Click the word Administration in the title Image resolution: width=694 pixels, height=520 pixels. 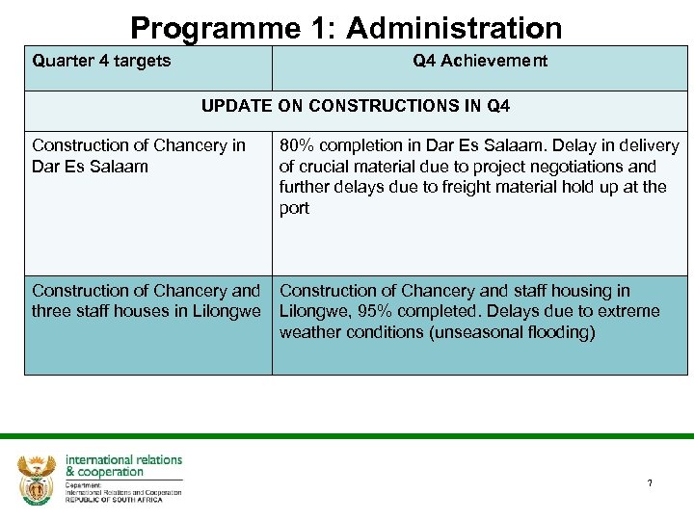coord(454,28)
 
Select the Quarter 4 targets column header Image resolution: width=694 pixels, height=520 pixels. coord(101,61)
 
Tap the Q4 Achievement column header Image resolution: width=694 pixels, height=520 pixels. coord(480,61)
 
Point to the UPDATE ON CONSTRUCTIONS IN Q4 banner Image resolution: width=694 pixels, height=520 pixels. coord(356,105)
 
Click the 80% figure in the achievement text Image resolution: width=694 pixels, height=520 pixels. coord(298,145)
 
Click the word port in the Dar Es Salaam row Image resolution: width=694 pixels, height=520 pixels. coord(294,208)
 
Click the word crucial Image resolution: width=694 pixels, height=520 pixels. coord(326,167)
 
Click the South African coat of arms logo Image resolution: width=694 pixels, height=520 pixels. coord(37,479)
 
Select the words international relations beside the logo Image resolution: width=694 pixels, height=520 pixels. coord(123,459)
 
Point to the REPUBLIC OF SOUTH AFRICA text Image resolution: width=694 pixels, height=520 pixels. coord(122,500)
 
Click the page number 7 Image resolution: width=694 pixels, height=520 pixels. coord(650,482)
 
